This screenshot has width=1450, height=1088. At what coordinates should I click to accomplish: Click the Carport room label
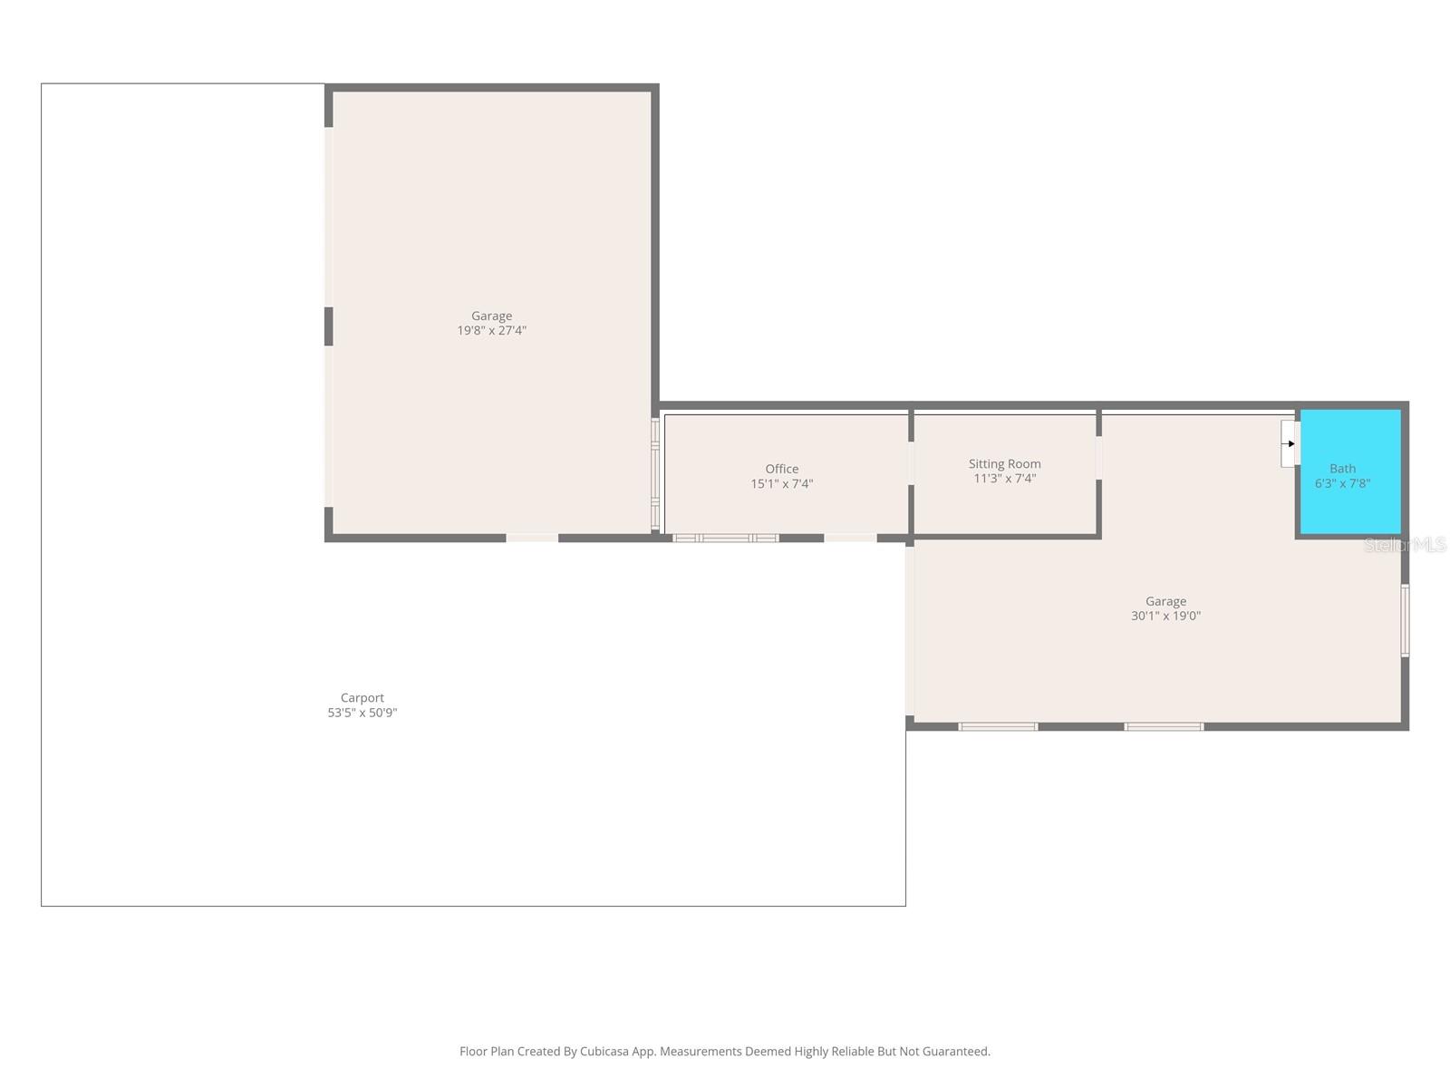362,697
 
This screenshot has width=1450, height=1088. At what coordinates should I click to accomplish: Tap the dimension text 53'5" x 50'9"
362,713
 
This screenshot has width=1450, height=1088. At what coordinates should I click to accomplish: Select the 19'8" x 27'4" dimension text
491,331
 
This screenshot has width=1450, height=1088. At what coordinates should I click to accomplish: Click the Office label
781,469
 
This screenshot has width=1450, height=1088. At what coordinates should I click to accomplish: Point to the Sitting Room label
1004,463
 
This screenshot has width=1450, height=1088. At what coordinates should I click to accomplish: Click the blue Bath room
1350,508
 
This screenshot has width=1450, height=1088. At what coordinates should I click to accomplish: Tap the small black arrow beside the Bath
1290,443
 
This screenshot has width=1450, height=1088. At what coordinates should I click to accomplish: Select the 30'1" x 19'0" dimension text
1165,616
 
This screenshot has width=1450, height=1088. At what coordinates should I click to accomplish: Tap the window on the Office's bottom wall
725,539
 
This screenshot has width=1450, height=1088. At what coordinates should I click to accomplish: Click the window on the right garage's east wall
1405,620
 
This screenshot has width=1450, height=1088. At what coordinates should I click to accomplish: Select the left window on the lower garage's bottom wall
998,726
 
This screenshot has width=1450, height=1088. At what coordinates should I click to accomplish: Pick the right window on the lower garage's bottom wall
1164,726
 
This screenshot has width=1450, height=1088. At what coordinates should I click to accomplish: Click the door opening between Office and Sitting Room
911,462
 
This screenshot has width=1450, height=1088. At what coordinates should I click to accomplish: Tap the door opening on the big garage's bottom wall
532,539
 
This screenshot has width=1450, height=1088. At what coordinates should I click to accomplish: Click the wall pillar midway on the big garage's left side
329,326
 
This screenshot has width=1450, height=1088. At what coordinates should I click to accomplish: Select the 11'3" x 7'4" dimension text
1004,479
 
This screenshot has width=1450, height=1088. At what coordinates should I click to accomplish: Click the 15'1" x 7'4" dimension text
781,484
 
